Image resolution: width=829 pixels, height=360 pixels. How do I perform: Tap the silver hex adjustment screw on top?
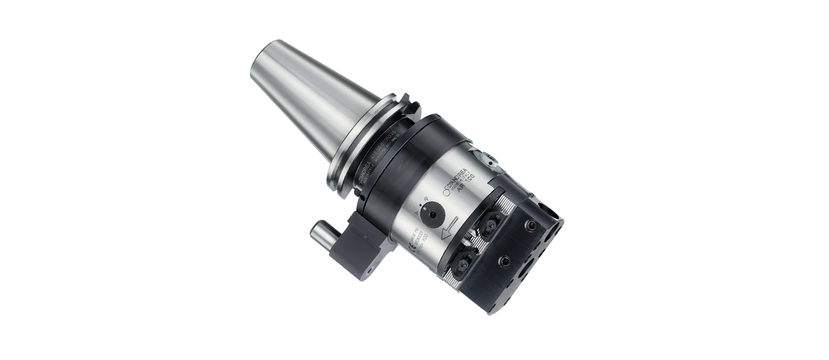tap(487, 159)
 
